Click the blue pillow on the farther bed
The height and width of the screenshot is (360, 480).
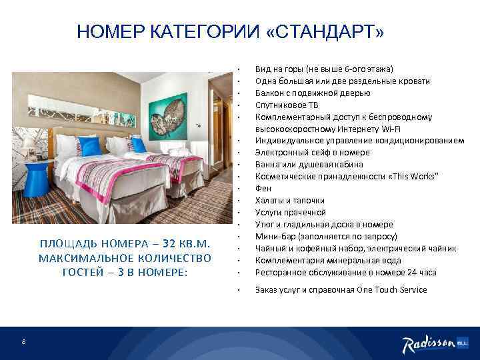(139, 144)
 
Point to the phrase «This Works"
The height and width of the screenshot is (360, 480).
(411, 177)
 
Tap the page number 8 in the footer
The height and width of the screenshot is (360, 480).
(23, 343)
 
